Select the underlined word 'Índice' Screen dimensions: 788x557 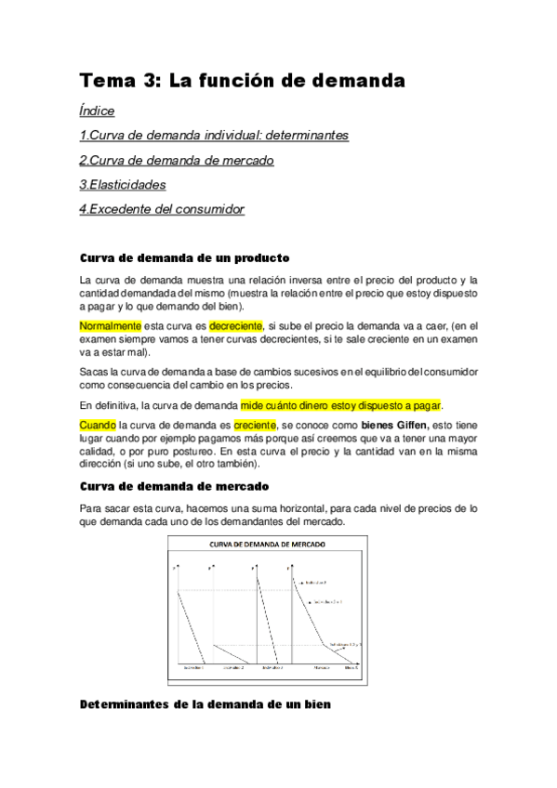click(x=98, y=111)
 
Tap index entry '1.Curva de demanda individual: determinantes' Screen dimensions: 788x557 click(x=214, y=136)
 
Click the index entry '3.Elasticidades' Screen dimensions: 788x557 click(x=123, y=185)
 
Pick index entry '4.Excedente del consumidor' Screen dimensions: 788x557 click(x=162, y=209)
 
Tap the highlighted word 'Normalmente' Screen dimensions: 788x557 click(x=111, y=326)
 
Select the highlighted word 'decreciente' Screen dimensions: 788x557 click(x=236, y=326)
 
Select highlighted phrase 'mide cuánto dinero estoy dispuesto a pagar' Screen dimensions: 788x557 click(x=341, y=405)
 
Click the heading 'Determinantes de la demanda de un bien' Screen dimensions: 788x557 click(x=206, y=704)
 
